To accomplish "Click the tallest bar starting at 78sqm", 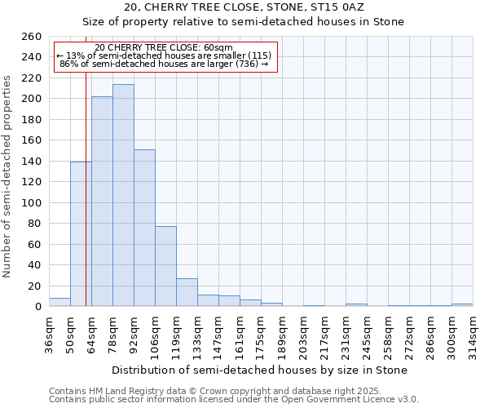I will [123, 196].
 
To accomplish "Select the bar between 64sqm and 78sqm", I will [102, 202].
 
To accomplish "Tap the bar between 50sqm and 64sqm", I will [81, 234].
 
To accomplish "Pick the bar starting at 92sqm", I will [144, 228].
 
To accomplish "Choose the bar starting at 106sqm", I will [165, 266].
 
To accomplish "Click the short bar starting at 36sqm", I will [59, 302].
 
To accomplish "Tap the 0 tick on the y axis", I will [37, 307].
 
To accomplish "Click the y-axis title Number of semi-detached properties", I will [8, 176].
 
